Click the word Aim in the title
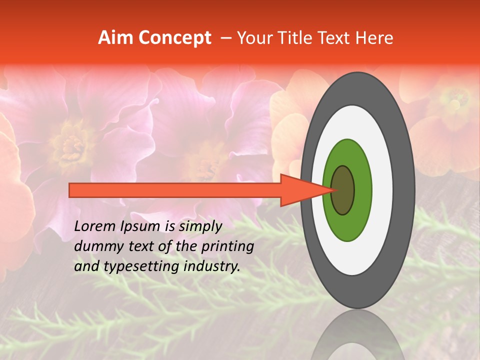(115, 38)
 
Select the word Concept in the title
(173, 38)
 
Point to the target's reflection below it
(358, 337)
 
